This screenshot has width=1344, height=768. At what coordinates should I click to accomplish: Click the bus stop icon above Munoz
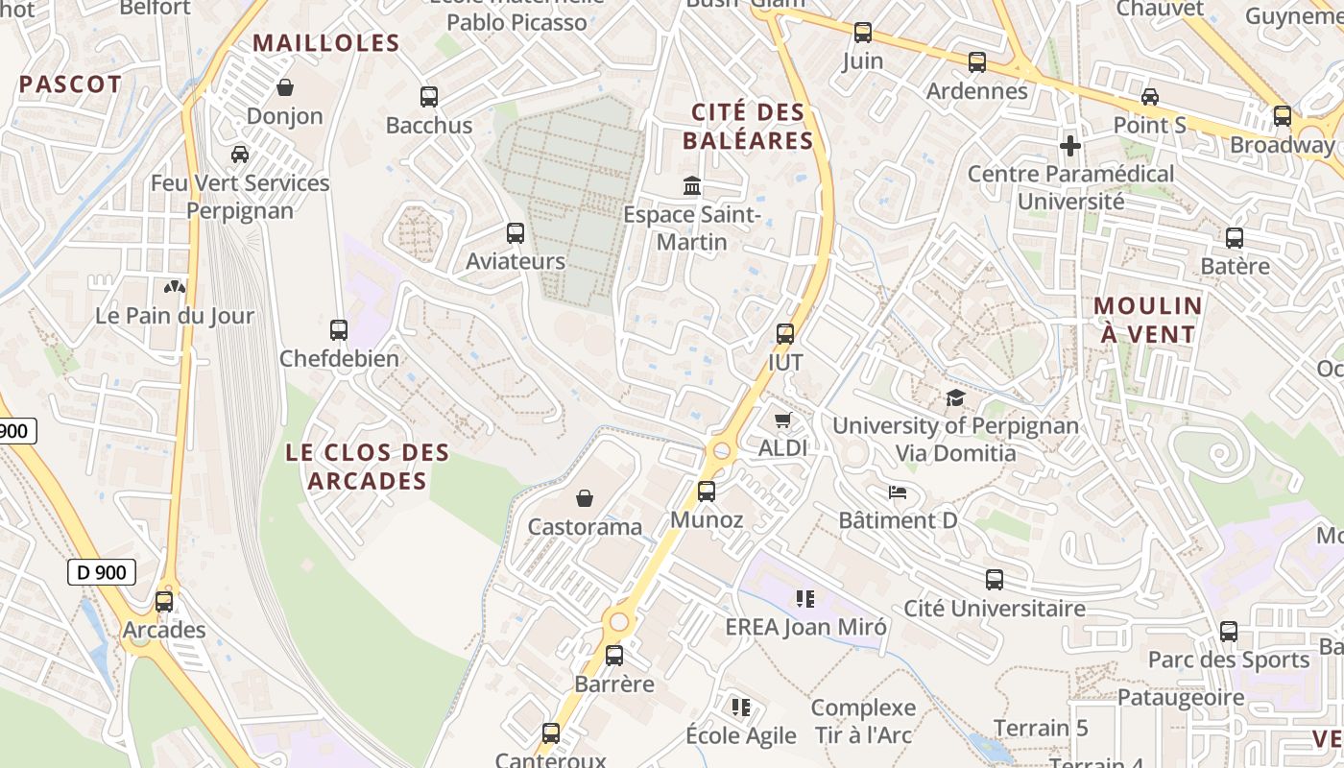pyautogui.click(x=707, y=492)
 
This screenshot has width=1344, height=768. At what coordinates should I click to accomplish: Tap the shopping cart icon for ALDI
pyautogui.click(x=783, y=420)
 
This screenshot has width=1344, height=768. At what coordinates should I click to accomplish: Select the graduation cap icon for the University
pyautogui.click(x=955, y=397)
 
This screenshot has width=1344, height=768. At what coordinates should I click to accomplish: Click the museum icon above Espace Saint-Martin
pyautogui.click(x=692, y=185)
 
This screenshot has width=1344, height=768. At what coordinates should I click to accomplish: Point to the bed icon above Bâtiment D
pyautogui.click(x=898, y=492)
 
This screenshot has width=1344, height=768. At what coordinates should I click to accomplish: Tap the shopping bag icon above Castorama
pyautogui.click(x=585, y=498)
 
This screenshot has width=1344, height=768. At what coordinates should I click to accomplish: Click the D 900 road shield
pyautogui.click(x=102, y=573)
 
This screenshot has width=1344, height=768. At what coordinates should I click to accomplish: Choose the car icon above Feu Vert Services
pyautogui.click(x=240, y=154)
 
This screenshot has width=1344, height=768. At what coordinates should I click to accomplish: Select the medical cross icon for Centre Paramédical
pyautogui.click(x=1070, y=146)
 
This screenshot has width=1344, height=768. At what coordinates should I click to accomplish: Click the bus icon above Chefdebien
pyautogui.click(x=338, y=330)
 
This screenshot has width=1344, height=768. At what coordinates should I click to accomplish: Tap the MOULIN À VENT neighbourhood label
pyautogui.click(x=1148, y=321)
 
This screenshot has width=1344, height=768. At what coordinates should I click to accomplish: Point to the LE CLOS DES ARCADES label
pyautogui.click(x=368, y=467)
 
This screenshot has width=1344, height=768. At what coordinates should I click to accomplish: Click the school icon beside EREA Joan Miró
pyautogui.click(x=805, y=599)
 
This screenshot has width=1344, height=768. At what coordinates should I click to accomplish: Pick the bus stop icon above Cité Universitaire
pyautogui.click(x=995, y=580)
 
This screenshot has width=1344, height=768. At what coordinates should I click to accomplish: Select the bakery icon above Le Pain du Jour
pyautogui.click(x=175, y=286)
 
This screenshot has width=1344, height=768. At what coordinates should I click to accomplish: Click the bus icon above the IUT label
pyautogui.click(x=785, y=334)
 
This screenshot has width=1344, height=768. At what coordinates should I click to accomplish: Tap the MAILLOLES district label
pyautogui.click(x=326, y=43)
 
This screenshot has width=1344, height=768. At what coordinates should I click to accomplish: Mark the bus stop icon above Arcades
pyautogui.click(x=164, y=602)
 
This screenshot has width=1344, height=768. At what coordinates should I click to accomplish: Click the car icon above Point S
pyautogui.click(x=1150, y=96)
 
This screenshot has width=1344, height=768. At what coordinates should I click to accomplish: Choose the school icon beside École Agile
pyautogui.click(x=741, y=708)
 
